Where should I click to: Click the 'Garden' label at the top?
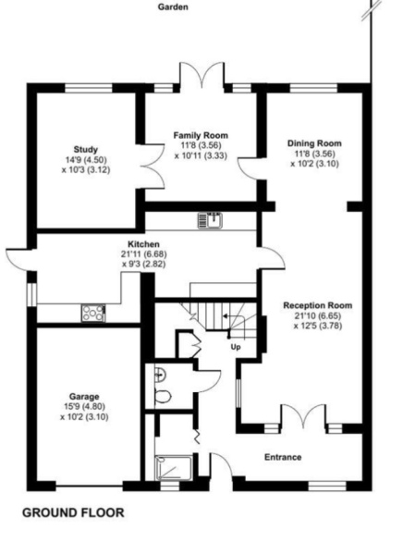(172, 6)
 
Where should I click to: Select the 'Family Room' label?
(201, 135)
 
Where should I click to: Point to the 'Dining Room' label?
(314, 143)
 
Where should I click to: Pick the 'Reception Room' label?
(317, 304)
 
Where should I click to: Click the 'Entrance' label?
(283, 457)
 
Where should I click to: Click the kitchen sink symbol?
(210, 219)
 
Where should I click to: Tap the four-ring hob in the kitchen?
(93, 313)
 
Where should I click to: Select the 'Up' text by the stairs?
(235, 347)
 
